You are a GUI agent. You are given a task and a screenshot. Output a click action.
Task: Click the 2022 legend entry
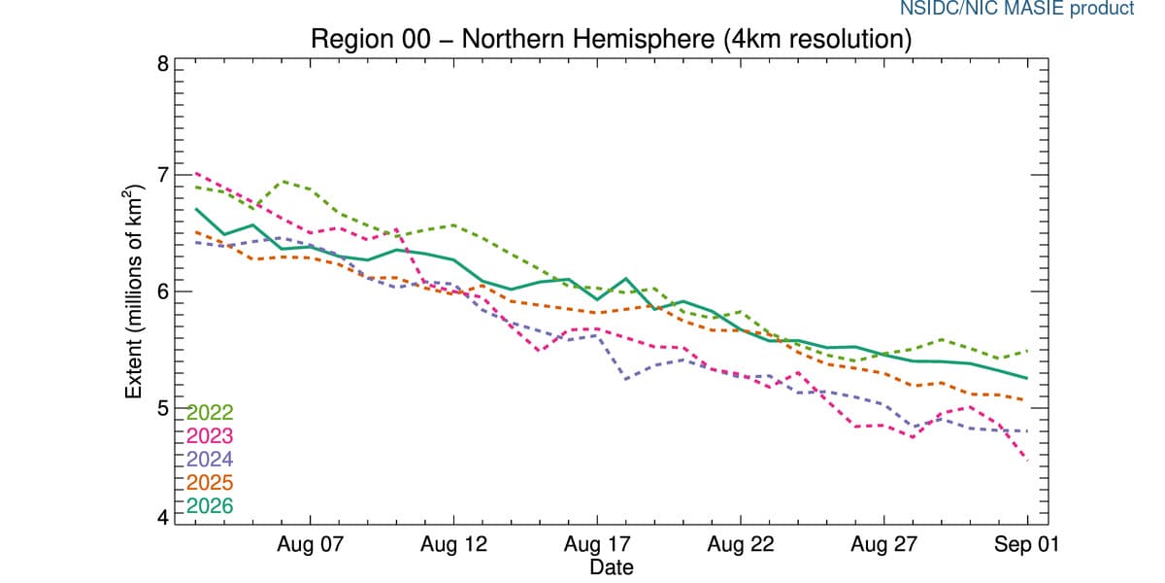[210, 413]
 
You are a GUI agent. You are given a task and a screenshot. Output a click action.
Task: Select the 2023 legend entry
[210, 436]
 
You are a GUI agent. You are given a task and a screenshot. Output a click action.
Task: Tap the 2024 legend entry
[210, 460]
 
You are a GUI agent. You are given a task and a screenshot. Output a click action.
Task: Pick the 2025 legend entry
[210, 483]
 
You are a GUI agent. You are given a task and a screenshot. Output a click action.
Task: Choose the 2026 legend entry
[210, 506]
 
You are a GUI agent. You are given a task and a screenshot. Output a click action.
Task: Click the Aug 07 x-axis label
[310, 545]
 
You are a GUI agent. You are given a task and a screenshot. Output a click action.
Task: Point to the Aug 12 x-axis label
[453, 545]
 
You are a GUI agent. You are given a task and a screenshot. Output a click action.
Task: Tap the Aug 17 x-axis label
[597, 545]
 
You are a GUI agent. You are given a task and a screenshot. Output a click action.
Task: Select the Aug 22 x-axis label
[741, 545]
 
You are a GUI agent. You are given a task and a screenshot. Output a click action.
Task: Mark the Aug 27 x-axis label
[883, 545]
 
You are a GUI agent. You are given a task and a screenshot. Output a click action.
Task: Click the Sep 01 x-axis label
[1027, 545]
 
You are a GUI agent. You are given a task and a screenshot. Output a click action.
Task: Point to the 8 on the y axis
[163, 64]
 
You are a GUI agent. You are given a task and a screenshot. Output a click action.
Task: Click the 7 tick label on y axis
[163, 175]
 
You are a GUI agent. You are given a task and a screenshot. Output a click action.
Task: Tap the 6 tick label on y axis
[163, 291]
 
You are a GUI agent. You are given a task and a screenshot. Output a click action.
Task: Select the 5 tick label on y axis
[163, 408]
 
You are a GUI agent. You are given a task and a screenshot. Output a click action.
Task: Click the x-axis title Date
[612, 567]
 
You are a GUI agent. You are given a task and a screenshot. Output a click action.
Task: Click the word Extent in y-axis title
[134, 370]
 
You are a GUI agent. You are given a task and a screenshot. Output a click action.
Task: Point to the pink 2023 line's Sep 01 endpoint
[1027, 461]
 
